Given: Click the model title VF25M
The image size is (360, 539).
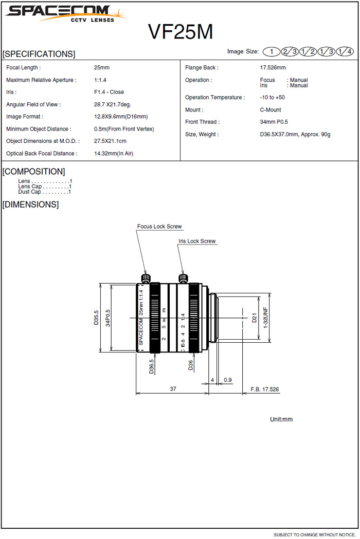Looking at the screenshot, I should point(181,32).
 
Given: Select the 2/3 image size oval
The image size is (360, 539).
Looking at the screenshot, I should point(290,51).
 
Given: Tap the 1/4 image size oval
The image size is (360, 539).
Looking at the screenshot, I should point(345,51).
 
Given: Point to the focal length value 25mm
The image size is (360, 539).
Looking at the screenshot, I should point(101,68).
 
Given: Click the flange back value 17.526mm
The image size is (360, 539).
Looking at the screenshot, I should point(273,68).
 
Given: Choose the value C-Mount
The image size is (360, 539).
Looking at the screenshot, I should point(271,110).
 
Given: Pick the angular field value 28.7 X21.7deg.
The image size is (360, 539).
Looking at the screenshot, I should point(112,105).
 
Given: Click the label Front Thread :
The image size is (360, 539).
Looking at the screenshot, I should point(202,122).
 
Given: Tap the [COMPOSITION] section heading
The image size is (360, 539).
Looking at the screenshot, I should point(34,172).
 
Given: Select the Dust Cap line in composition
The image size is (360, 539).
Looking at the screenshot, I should point(44,192).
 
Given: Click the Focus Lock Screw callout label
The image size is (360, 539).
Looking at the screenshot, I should point(159,227).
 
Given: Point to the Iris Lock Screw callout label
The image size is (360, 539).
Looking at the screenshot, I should point(197,241).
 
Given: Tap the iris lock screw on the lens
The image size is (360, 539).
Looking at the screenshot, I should point(183,278).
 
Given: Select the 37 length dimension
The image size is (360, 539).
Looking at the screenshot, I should point(173,389).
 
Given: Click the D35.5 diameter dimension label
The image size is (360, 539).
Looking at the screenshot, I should point(96,318).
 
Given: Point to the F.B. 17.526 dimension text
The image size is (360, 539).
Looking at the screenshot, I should point(264,389).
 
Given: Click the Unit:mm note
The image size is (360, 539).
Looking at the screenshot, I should point(281,420).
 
